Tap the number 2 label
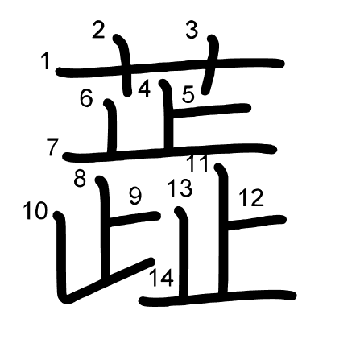(x=98, y=30)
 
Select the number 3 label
(x=192, y=30)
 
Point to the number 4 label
(x=144, y=89)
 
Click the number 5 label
(x=188, y=95)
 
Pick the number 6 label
(x=86, y=98)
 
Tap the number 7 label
(x=52, y=147)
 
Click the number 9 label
(x=135, y=197)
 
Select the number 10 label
(x=35, y=211)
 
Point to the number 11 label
(x=197, y=163)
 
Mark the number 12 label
(x=251, y=198)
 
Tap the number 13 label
(x=180, y=188)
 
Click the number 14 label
(x=161, y=278)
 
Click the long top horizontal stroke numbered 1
(x=170, y=68)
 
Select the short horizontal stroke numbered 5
(x=211, y=110)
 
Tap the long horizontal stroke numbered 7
(x=169, y=152)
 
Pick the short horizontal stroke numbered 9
(x=134, y=218)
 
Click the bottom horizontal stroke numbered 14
(x=217, y=298)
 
